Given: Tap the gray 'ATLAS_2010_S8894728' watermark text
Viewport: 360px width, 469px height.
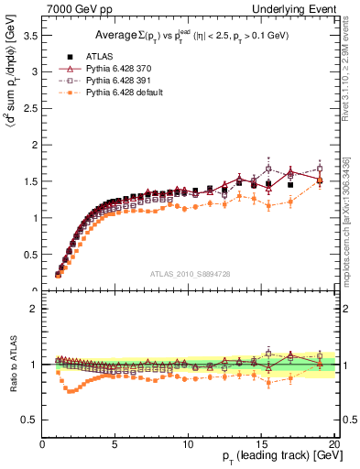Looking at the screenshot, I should pyautogui.click(x=189, y=273).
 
